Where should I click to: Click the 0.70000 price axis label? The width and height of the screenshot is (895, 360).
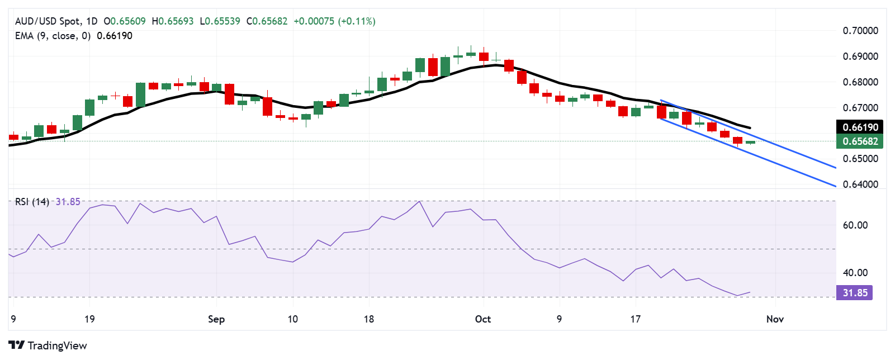point(860,31)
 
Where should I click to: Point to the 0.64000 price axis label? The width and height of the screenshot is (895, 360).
point(860,184)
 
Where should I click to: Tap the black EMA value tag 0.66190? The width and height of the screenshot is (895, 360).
point(860,127)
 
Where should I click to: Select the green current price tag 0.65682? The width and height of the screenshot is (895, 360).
point(860,141)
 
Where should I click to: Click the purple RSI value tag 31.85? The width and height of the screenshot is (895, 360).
point(855,293)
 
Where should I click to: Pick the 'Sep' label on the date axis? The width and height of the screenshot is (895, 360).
point(216,319)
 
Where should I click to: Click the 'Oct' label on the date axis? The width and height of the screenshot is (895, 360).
point(483,319)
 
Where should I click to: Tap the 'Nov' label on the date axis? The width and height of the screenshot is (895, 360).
point(775,319)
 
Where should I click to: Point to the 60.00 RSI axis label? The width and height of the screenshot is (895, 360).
point(855,225)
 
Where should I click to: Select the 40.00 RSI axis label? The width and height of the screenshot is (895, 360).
point(855,273)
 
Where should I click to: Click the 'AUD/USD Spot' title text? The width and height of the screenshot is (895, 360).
point(48,21)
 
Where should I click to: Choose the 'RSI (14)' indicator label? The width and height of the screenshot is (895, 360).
point(32,202)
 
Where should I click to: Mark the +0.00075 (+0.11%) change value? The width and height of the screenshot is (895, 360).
point(334,21)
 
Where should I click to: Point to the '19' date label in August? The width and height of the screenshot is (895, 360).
point(89,319)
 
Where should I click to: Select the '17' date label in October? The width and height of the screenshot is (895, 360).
point(636,319)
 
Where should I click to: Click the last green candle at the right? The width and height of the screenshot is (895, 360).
point(750,142)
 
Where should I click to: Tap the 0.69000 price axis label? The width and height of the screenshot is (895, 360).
point(860,56)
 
